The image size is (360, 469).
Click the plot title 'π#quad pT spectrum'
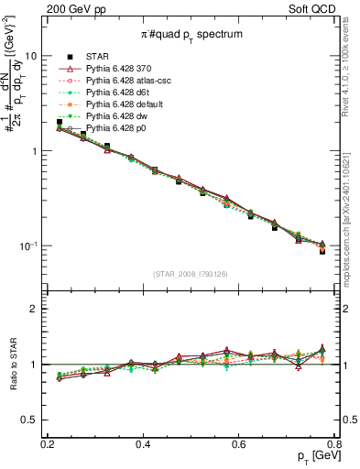191,34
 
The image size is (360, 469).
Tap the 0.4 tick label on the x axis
142,443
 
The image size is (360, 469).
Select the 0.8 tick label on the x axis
334,443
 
